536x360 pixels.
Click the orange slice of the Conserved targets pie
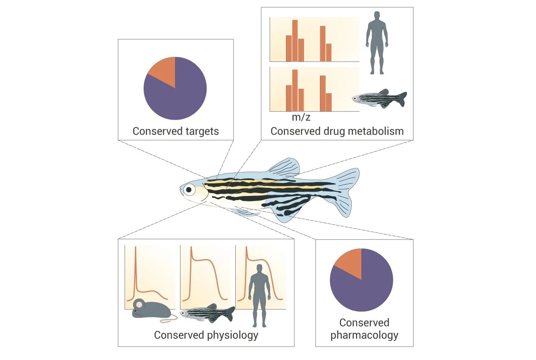pyautogui.click(x=165, y=71)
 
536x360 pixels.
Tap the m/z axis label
pyautogui.click(x=301, y=117)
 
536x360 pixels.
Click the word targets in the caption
pyautogui.click(x=202, y=131)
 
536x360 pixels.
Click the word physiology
pyautogui.click(x=232, y=335)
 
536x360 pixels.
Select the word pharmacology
pyautogui.click(x=364, y=335)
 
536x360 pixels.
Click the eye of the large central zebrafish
pyautogui.click(x=189, y=190)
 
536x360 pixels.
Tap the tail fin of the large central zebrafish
pyautogui.click(x=342, y=191)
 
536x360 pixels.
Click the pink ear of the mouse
pyautogui.click(x=138, y=304)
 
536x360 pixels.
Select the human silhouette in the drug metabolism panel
pyautogui.click(x=377, y=43)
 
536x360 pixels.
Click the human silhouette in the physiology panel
pyautogui.click(x=260, y=296)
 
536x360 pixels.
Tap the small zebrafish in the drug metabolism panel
pyautogui.click(x=379, y=98)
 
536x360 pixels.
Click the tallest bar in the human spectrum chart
pyautogui.click(x=295, y=41)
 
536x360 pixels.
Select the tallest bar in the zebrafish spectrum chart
pyautogui.click(x=295, y=90)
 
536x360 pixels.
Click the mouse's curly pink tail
pyautogui.click(x=170, y=319)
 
